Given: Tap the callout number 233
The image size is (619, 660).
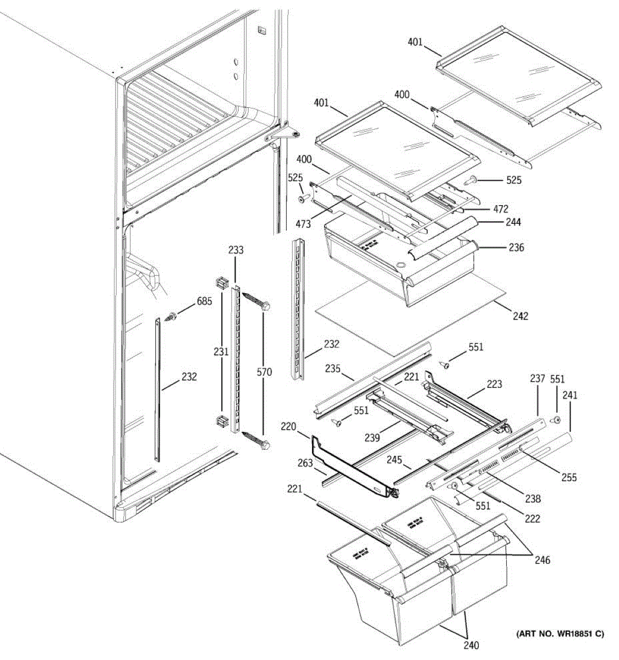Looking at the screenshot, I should tap(236, 250).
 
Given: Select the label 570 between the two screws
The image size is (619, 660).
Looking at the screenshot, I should tap(264, 372).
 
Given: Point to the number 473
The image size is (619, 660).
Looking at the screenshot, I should tap(303, 224).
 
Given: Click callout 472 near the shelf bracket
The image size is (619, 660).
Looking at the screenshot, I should tap(501, 209).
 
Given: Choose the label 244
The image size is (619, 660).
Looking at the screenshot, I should tap(514, 222).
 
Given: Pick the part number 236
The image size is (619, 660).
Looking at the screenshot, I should tap(516, 248).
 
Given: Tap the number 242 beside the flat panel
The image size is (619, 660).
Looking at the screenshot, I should tap(521, 316).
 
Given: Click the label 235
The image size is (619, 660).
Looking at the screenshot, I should tap(332, 369).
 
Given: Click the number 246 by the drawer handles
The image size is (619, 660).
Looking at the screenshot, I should tap(542, 560).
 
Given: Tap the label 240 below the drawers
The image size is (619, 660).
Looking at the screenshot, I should tap(471, 646).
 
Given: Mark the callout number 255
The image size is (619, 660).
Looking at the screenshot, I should tap(569, 478).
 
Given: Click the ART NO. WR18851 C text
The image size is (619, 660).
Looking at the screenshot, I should tap(560, 634).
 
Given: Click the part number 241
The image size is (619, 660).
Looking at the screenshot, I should tap(569, 395).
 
